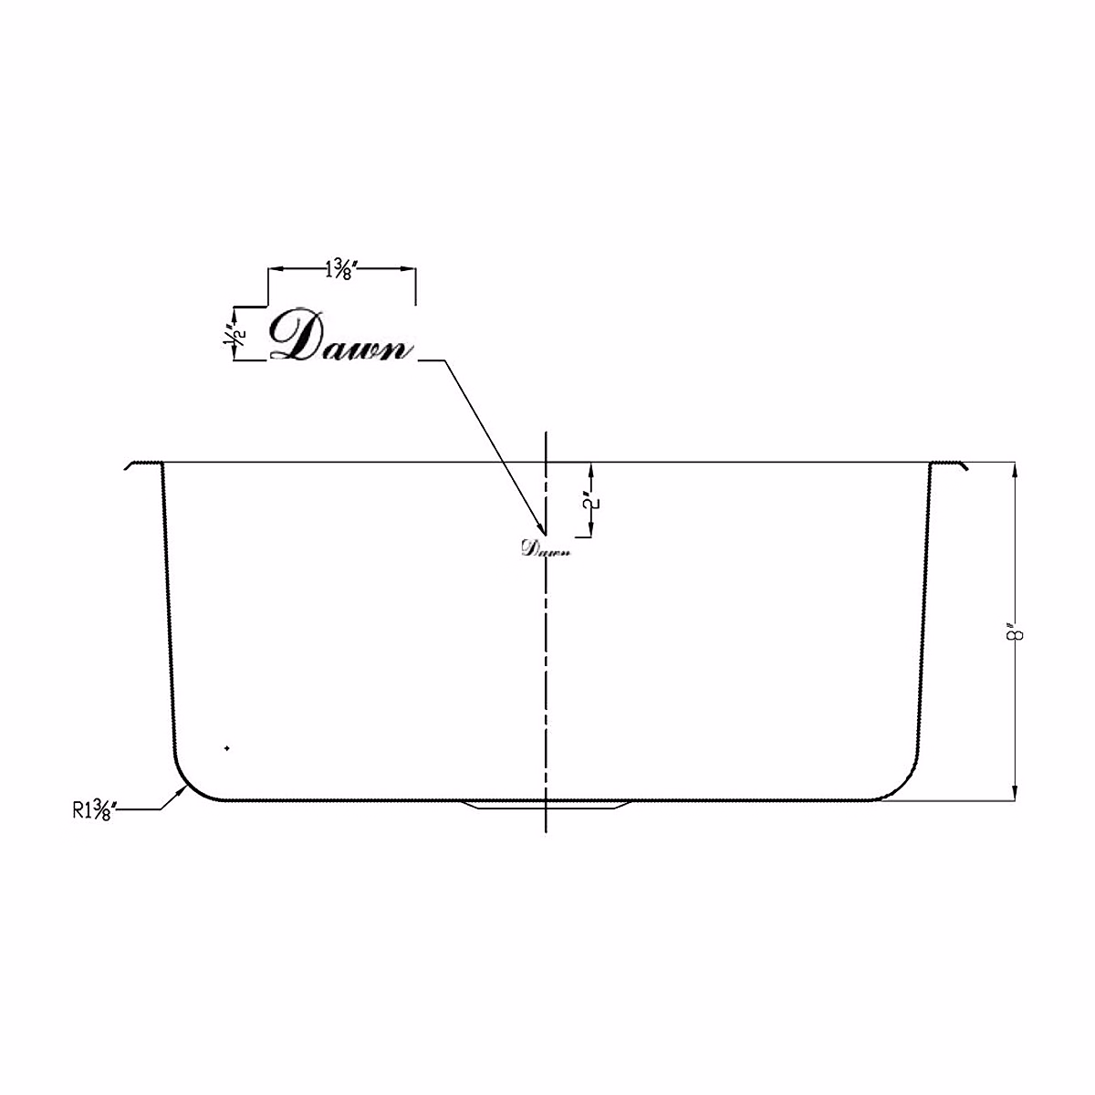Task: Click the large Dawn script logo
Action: coord(339,338)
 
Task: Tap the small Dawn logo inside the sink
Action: coord(545,548)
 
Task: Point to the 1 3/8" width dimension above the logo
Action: coord(342,270)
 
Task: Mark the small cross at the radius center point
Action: coord(226,749)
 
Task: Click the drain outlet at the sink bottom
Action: coord(546,805)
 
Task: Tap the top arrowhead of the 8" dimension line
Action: coord(1015,469)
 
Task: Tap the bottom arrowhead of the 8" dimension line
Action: coord(1015,796)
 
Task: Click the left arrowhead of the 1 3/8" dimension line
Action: coord(274,269)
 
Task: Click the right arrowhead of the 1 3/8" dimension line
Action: coord(411,269)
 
